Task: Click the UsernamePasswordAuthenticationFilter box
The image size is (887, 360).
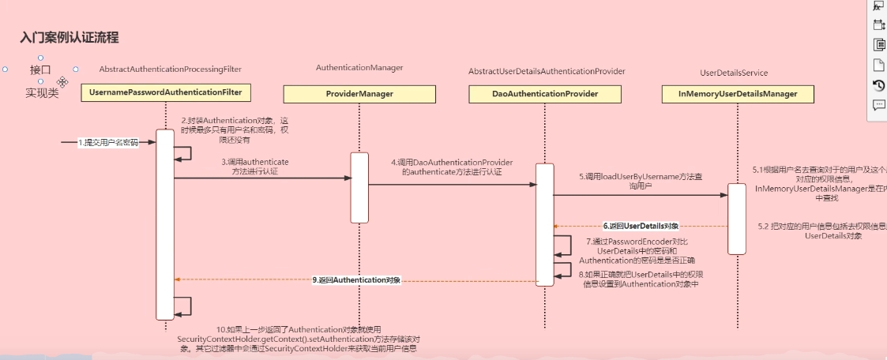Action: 165,93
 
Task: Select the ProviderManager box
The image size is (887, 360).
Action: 359,94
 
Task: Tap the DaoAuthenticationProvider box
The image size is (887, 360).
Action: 544,94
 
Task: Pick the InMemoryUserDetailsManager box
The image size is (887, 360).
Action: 737,94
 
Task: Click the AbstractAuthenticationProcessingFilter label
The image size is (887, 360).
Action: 171,69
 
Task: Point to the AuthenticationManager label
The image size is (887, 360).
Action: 359,68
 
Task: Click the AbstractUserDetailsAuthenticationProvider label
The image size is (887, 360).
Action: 547,71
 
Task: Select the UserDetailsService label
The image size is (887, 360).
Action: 734,73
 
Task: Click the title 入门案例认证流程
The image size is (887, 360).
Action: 70,37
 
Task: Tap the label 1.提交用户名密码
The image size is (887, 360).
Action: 107,143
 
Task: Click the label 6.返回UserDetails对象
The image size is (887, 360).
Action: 641,226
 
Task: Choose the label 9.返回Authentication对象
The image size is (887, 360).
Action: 357,280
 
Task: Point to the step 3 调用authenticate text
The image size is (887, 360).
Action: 254,166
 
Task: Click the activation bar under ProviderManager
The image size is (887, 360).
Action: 359,187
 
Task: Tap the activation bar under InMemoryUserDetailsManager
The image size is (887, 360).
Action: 736,219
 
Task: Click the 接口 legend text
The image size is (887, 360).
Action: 40,69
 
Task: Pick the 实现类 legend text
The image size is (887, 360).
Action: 42,92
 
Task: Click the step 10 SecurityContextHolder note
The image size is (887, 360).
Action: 299,338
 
